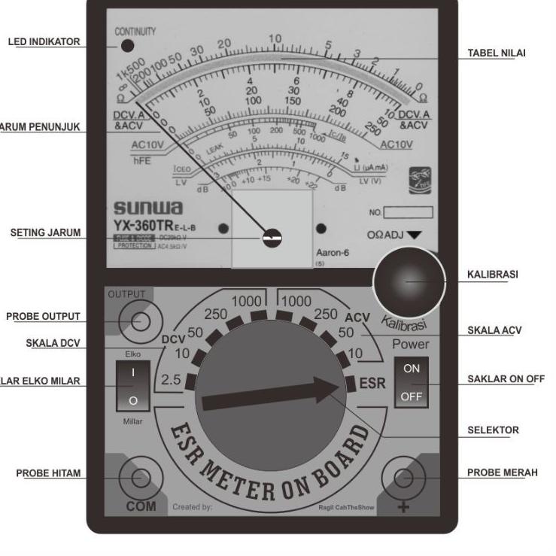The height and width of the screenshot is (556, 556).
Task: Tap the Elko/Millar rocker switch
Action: [x=132, y=385]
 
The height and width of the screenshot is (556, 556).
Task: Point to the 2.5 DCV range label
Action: [x=171, y=380]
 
